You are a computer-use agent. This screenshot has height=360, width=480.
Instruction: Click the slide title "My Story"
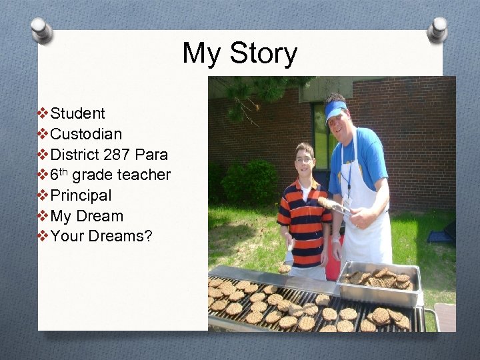tap(240, 53)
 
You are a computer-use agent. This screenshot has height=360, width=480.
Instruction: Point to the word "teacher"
tap(144, 175)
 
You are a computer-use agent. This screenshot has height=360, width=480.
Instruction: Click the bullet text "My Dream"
tap(87, 216)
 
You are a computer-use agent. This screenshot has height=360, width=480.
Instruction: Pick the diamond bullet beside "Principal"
tap(44, 196)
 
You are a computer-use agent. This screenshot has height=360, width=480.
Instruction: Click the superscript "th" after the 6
tap(65, 171)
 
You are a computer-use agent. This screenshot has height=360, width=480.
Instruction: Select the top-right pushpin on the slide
tap(438, 28)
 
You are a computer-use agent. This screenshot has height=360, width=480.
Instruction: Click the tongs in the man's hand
tap(337, 207)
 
